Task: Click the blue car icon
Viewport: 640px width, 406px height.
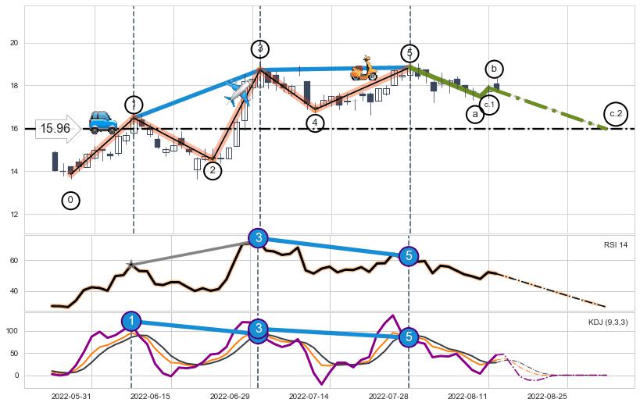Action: tap(102, 121)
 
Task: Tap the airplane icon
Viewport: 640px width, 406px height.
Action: tap(238, 93)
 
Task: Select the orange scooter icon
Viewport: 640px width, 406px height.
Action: tap(363, 69)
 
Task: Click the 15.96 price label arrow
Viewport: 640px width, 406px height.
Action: tap(58, 129)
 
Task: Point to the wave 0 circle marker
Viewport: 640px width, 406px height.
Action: tap(70, 201)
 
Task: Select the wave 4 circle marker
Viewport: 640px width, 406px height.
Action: tap(314, 123)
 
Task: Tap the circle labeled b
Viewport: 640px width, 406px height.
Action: tap(494, 69)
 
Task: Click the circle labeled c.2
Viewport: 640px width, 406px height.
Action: tap(616, 114)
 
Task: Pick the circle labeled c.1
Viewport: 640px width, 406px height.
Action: tap(489, 104)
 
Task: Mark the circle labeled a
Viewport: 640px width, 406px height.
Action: tap(475, 114)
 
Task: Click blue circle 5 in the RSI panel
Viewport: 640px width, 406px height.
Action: tap(409, 255)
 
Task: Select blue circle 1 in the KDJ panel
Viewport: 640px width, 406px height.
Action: tap(132, 321)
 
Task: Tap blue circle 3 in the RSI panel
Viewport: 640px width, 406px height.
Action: tap(259, 238)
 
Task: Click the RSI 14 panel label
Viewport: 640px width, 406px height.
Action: tap(615, 245)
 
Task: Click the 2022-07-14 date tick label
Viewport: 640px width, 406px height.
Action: tap(309, 396)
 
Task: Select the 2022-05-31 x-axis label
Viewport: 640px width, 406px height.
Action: tap(71, 396)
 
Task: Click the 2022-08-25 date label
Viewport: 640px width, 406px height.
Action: tap(547, 396)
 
